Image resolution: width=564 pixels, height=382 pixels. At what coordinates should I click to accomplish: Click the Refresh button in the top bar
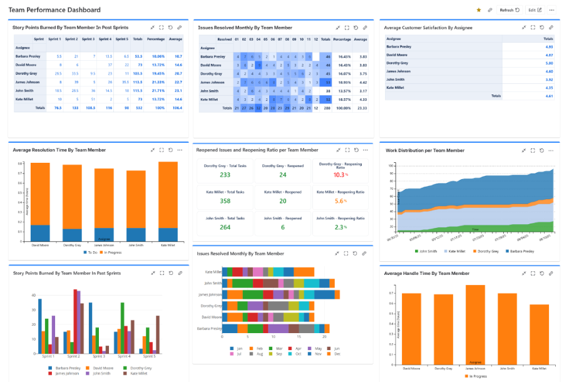pyautogui.click(x=509, y=10)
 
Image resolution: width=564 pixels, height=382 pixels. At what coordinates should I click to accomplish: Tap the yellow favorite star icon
pyautogui.click(x=479, y=10)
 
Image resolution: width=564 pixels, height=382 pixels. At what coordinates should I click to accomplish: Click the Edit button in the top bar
pyautogui.click(x=534, y=10)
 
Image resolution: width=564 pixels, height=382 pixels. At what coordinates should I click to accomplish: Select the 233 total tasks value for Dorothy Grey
pyautogui.click(x=225, y=175)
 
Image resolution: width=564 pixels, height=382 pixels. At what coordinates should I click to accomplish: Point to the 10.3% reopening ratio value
pyautogui.click(x=340, y=175)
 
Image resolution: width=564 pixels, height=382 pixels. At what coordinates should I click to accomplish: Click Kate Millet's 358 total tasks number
pyautogui.click(x=225, y=201)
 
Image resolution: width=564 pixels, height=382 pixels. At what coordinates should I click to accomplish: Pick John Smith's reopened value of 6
pyautogui.click(x=282, y=227)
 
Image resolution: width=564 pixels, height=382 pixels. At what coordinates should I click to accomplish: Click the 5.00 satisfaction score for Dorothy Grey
pyautogui.click(x=548, y=63)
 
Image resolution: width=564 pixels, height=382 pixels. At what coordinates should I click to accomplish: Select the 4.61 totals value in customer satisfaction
pyautogui.click(x=548, y=96)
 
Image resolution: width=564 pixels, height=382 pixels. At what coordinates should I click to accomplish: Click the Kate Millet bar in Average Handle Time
pyautogui.click(x=538, y=332)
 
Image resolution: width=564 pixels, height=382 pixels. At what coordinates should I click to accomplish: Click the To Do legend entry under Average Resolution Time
pyautogui.click(x=90, y=252)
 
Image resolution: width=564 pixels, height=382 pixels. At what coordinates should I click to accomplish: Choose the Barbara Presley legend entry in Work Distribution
pyautogui.click(x=519, y=251)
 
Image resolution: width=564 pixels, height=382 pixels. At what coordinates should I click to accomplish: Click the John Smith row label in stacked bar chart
pyautogui.click(x=212, y=283)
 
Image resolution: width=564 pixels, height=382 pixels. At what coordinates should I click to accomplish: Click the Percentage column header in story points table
pyautogui.click(x=156, y=39)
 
